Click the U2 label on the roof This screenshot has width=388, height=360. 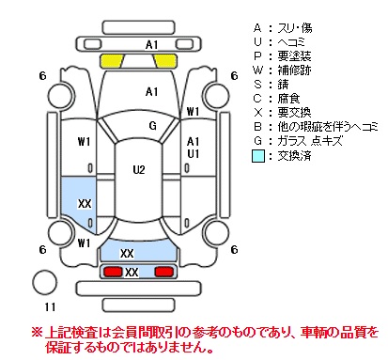pos(139,170)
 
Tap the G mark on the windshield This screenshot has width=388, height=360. pos(152,126)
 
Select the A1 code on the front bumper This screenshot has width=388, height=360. pos(151,45)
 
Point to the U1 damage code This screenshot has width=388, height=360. pos(193,154)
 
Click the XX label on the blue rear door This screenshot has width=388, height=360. pos(85,204)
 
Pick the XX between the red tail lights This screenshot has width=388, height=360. pos(132,273)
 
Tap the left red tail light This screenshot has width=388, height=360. pos(113,272)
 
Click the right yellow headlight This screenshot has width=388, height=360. pos(166,61)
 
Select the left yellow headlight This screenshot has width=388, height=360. pos(112,61)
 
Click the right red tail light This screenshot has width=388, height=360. pos(164,272)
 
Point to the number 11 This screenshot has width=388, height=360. pos(50,306)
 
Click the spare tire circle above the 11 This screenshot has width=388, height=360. pos(45,282)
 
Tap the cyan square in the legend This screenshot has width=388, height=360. pos(258,156)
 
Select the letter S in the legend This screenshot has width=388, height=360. pos(257,85)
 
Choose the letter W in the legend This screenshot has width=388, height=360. pos(257,70)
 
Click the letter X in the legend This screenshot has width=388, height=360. pos(257,113)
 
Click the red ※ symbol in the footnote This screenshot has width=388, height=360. pos(37,332)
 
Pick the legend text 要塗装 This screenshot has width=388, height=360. pos(294,56)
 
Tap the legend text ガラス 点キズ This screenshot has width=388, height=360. pos(310,141)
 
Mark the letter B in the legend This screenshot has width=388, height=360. pos(257,127)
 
